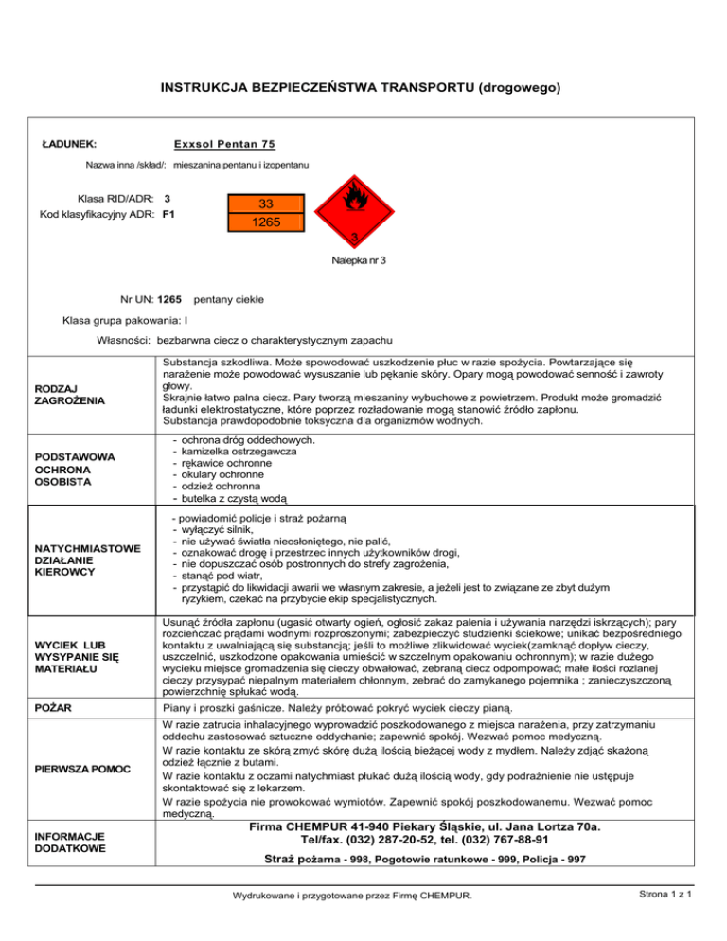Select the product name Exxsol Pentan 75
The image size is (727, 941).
(224, 144)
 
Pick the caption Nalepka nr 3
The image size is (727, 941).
(357, 259)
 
